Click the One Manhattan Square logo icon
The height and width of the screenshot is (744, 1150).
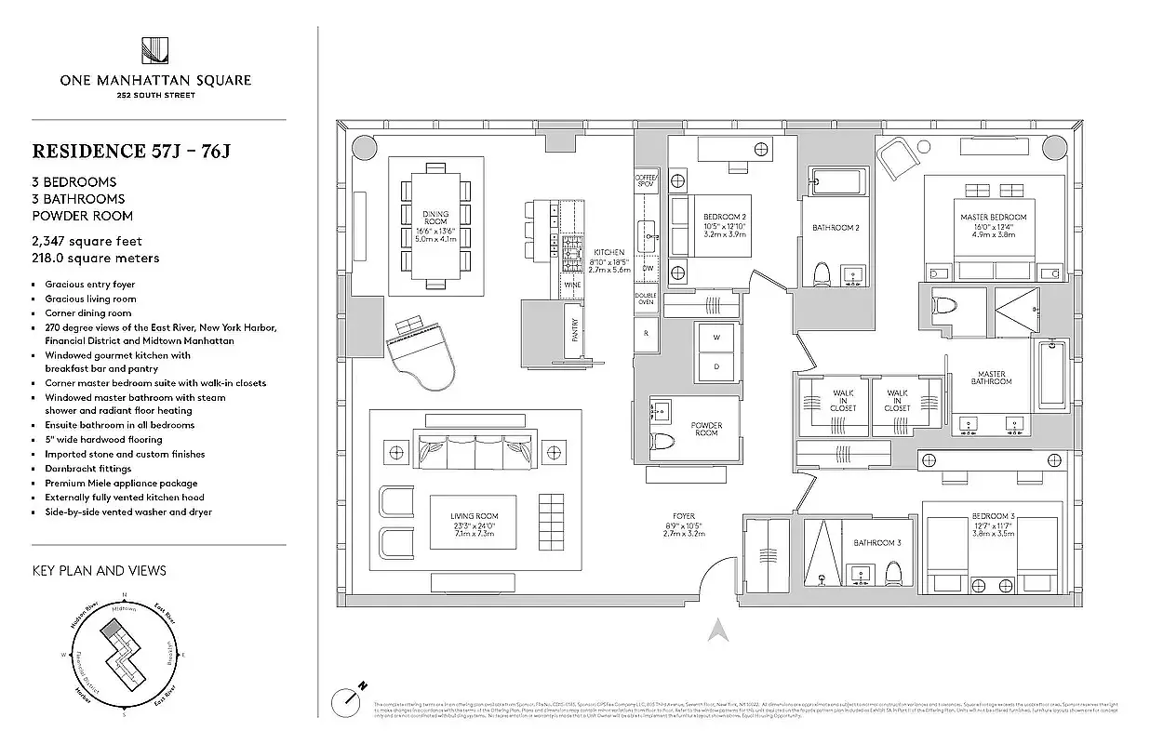click(x=154, y=50)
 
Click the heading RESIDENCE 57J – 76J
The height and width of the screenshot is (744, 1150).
click(x=130, y=151)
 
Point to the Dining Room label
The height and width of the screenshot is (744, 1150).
click(x=435, y=219)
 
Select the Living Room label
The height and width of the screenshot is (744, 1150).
click(x=475, y=515)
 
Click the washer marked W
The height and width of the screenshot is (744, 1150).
click(x=717, y=338)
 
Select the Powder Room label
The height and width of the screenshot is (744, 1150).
click(x=706, y=429)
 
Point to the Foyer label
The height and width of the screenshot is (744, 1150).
click(x=684, y=516)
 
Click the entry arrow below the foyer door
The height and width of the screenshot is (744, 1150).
click(x=716, y=631)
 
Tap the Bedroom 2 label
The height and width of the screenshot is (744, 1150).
click(x=725, y=217)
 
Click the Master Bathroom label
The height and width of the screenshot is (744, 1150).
click(x=991, y=378)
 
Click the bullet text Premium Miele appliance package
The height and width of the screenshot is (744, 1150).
click(x=121, y=484)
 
